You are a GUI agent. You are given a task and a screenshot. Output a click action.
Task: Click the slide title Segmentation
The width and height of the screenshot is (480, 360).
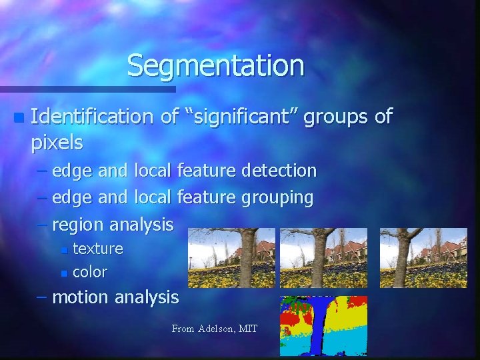point(215,65)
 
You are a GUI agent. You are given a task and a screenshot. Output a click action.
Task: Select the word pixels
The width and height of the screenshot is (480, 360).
point(57,142)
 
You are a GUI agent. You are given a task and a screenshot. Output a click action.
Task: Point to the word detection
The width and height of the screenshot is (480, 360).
point(279,171)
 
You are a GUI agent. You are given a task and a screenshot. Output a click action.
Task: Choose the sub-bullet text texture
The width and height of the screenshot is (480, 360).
point(97,249)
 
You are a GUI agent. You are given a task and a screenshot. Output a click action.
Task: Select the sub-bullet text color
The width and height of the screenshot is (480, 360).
point(89,272)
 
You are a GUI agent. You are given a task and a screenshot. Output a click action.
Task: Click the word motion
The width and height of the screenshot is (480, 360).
point(81,297)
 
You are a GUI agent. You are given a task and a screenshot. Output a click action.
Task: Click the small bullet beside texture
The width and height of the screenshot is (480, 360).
point(63,250)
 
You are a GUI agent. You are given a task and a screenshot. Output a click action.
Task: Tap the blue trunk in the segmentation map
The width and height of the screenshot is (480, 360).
point(321,327)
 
